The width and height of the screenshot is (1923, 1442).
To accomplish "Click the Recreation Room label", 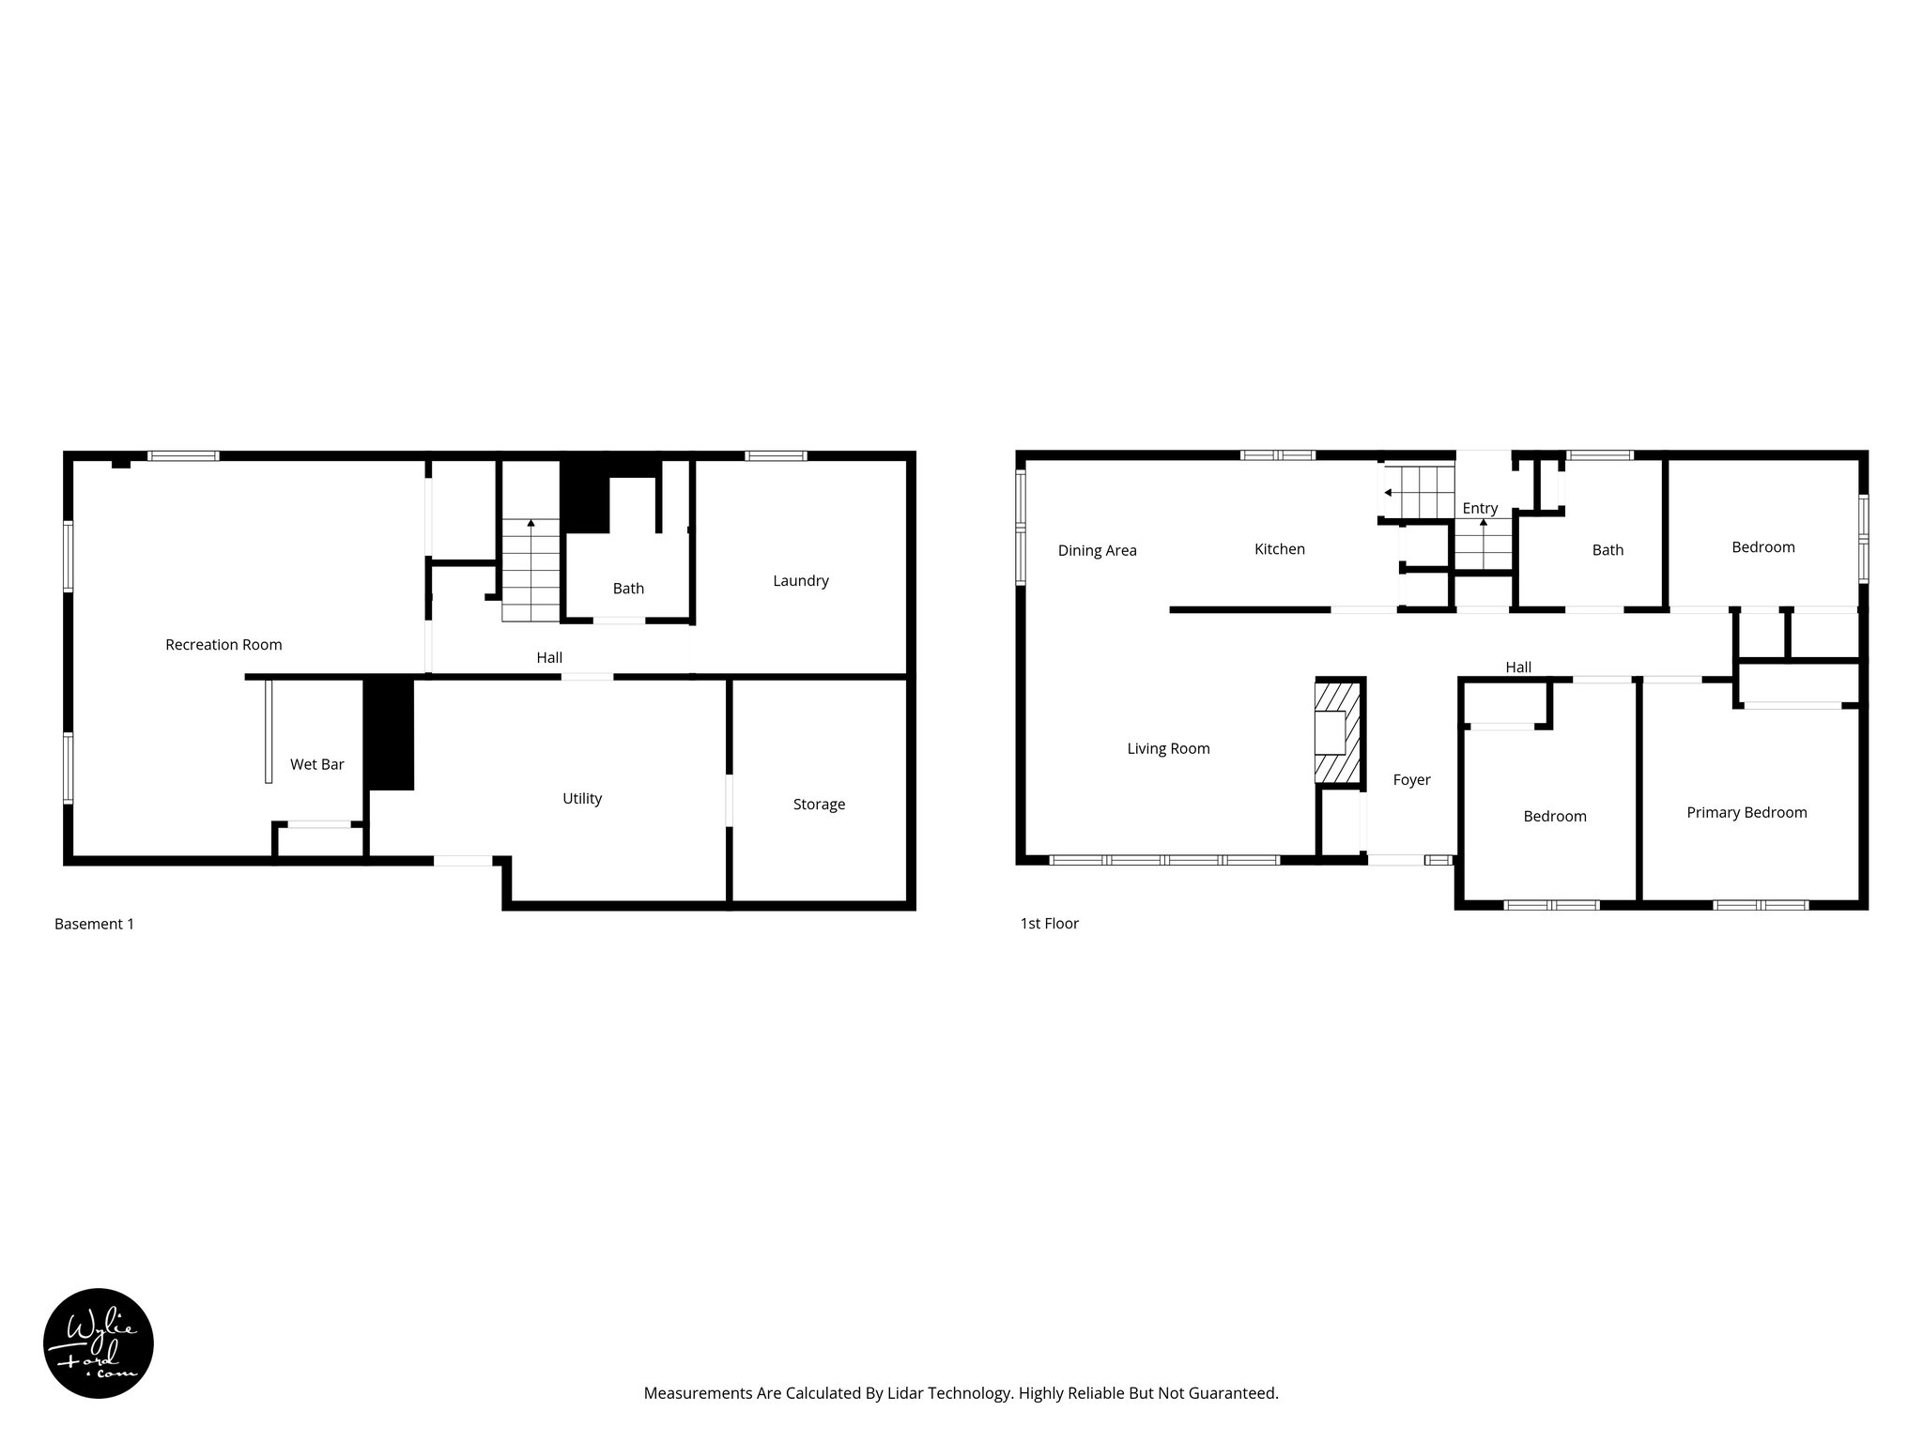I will (x=223, y=645).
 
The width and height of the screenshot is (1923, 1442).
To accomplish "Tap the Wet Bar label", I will (x=316, y=765).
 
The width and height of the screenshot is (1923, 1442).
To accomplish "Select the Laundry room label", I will (x=800, y=581).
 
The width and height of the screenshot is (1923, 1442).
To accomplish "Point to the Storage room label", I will (x=819, y=805).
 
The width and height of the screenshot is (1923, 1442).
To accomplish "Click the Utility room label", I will (x=581, y=799).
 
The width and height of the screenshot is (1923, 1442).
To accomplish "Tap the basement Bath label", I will (x=628, y=589).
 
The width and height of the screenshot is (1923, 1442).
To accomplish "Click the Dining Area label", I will (x=1097, y=551).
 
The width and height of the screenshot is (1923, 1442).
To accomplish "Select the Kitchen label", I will (x=1279, y=549).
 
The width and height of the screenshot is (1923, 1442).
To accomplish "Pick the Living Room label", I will (x=1168, y=749).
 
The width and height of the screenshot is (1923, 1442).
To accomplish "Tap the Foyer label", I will (x=1411, y=780).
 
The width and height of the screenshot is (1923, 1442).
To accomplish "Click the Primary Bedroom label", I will (x=1746, y=813).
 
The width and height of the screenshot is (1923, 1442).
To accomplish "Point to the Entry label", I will (x=1480, y=509).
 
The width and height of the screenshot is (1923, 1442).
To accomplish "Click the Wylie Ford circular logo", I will (x=99, y=1343).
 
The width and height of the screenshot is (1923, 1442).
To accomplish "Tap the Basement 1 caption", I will (x=94, y=924).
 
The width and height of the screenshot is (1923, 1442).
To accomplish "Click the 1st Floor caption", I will (x=1049, y=924).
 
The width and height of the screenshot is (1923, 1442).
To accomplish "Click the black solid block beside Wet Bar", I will (x=389, y=734).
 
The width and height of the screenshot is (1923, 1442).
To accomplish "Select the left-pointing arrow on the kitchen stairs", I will (x=1389, y=492).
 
